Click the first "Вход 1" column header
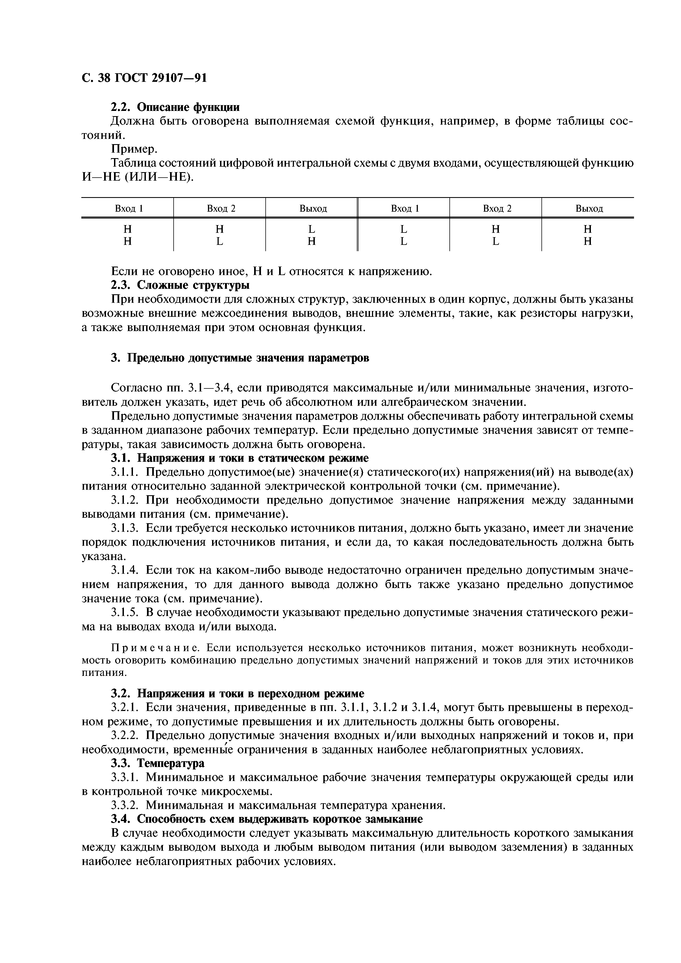click(129, 208)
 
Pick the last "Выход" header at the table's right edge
click(589, 208)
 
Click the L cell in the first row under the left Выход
click(311, 229)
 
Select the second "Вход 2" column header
click(497, 208)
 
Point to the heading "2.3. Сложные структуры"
click(180, 285)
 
